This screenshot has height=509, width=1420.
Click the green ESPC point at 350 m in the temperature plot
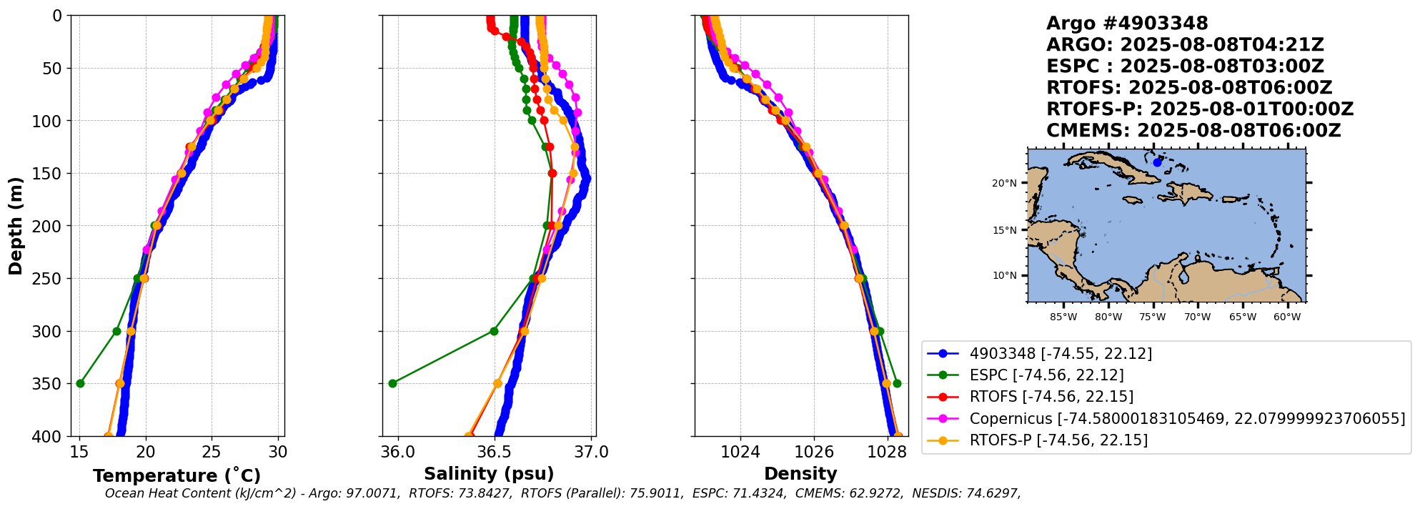click(80, 383)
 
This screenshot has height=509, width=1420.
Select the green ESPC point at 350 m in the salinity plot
click(392, 383)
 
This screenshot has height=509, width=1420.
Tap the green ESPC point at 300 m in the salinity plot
click(494, 331)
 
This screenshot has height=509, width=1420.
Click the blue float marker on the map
click(1157, 162)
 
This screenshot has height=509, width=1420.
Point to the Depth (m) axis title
click(16, 226)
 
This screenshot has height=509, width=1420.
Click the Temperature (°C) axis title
click(177, 475)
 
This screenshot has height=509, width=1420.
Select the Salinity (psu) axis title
click(489, 473)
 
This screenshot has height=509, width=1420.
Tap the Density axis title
click(800, 473)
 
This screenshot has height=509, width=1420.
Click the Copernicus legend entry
click(1186, 418)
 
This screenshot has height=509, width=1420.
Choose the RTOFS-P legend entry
click(1058, 440)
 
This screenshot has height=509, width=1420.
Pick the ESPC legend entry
click(1046, 375)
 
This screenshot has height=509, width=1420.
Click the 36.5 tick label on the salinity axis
click(494, 452)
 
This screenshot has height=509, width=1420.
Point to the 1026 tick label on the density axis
click(814, 452)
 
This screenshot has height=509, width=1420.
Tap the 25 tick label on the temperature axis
click(212, 452)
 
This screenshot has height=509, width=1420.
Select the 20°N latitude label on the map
click(1003, 183)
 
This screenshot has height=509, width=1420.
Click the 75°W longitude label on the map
click(1152, 317)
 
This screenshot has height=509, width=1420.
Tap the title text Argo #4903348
click(1126, 24)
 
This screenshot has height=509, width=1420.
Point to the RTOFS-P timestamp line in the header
click(1199, 109)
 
